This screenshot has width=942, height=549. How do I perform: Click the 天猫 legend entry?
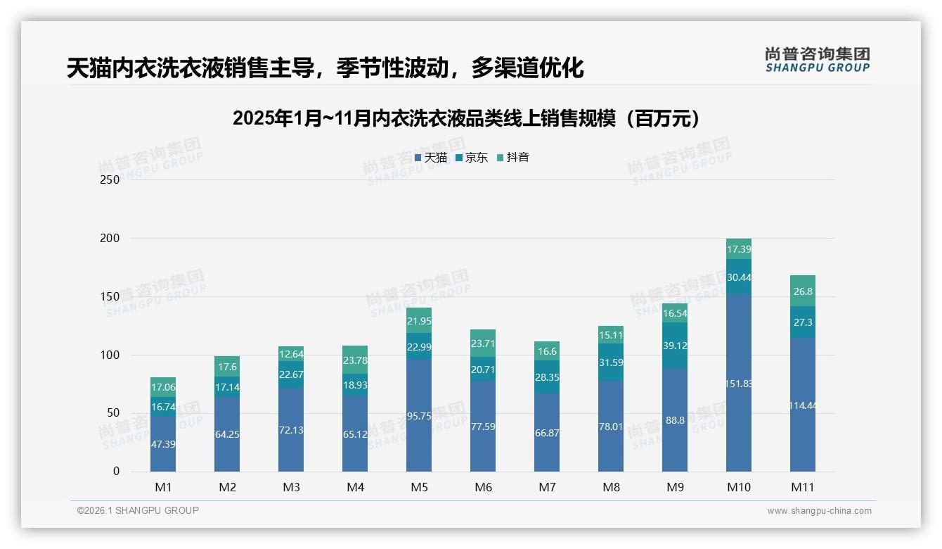[x=430, y=158]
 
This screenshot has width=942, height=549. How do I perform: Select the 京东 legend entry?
[x=472, y=158]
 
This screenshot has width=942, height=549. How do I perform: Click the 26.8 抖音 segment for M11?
[x=802, y=291]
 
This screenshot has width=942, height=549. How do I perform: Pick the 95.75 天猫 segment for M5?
[x=419, y=415]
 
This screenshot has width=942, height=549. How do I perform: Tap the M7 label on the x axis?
[x=547, y=487]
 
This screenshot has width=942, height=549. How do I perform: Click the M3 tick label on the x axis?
[x=291, y=487]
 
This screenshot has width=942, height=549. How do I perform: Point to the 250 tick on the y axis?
[x=110, y=179]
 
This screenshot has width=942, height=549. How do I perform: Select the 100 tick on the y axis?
[x=110, y=355]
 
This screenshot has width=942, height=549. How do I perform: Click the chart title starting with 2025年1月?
[x=467, y=118]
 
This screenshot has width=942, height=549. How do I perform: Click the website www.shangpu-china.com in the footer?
[x=819, y=511]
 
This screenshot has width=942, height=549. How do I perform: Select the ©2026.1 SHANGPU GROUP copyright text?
[x=138, y=510]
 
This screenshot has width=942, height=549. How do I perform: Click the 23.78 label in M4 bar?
[x=355, y=360]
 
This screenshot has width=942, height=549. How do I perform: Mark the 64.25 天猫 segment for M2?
[x=227, y=434]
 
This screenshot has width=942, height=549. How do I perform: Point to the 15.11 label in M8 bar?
[x=611, y=335]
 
